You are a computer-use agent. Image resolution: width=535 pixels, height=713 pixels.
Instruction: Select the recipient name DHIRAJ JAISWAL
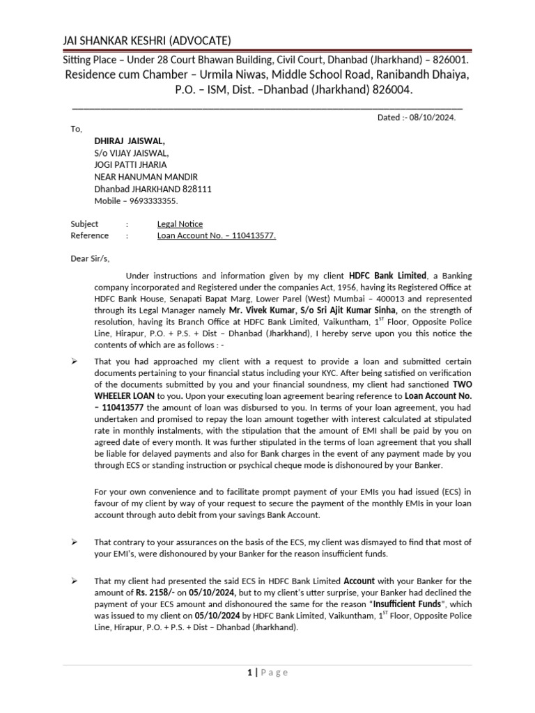tap(130, 141)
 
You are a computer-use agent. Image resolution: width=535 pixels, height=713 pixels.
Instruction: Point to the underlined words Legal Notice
tap(180, 224)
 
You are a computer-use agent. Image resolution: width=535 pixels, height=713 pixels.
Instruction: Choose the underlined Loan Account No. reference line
tap(217, 236)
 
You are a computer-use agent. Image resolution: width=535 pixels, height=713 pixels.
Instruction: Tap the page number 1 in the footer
tap(249, 673)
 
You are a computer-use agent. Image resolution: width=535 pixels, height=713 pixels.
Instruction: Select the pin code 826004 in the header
tap(390, 90)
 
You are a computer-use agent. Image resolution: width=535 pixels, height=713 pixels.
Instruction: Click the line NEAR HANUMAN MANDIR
tap(146, 177)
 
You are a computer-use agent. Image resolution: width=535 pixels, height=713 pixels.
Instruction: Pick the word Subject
tap(84, 224)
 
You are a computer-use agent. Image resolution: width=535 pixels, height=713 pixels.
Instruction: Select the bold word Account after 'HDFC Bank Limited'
tap(359, 580)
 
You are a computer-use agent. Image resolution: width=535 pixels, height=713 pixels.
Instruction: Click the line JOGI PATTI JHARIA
tap(130, 165)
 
